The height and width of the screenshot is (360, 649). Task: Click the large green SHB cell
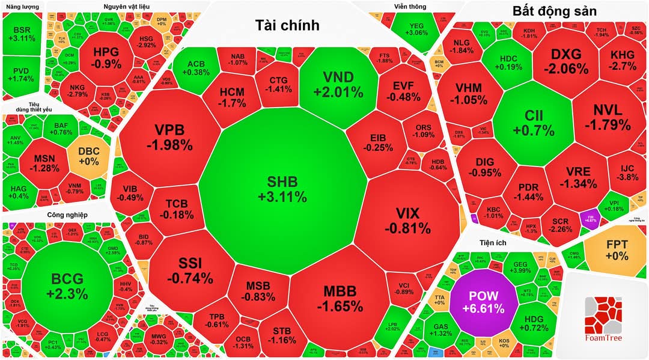click(282, 189)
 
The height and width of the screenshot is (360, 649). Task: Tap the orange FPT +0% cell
click(617, 249)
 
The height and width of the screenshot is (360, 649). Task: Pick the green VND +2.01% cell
click(338, 84)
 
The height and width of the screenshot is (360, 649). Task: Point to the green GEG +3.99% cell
click(520, 266)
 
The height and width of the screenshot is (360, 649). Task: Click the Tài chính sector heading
click(287, 25)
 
